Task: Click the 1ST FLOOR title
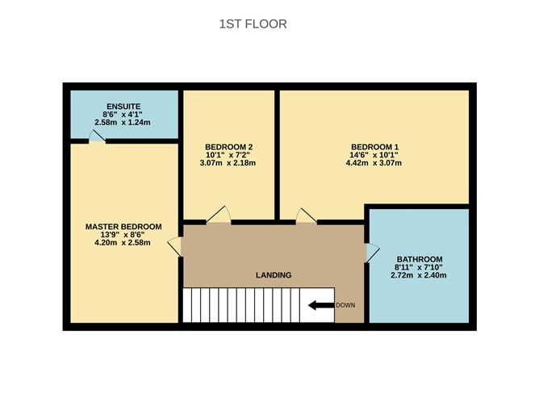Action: pyautogui.click(x=253, y=24)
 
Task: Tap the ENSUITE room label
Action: pyautogui.click(x=123, y=106)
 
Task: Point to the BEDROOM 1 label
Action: pyautogui.click(x=373, y=147)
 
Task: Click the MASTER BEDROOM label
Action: pyautogui.click(x=123, y=227)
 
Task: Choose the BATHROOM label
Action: pyautogui.click(x=419, y=259)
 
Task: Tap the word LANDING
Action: pyautogui.click(x=274, y=275)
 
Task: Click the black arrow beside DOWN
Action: pyautogui.click(x=320, y=305)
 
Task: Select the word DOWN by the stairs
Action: pyautogui.click(x=345, y=305)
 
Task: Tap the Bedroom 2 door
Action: pyautogui.click(x=219, y=215)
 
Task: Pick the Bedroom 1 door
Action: pyautogui.click(x=307, y=215)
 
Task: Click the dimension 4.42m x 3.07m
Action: pyautogui.click(x=373, y=163)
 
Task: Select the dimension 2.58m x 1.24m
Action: pyautogui.click(x=123, y=122)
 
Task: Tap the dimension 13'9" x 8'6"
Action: pyautogui.click(x=123, y=235)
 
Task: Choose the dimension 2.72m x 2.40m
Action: pyautogui.click(x=419, y=275)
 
